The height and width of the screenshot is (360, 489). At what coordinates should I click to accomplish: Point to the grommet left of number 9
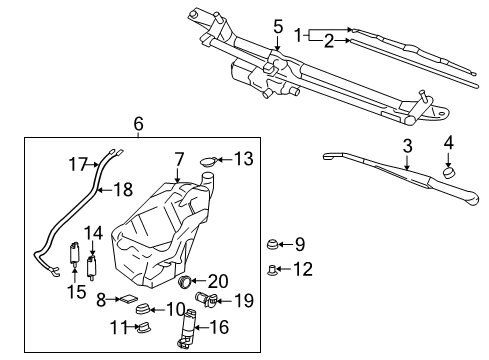point(270,243)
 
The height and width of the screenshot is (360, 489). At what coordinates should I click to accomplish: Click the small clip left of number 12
point(271,268)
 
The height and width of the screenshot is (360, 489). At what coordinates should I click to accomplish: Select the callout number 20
point(219,281)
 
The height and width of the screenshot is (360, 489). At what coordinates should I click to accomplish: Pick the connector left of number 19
point(207,299)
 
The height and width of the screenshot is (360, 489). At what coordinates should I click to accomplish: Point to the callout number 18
point(123,188)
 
